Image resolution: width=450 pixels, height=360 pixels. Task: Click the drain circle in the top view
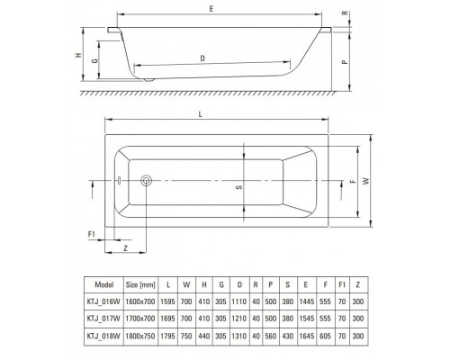146,181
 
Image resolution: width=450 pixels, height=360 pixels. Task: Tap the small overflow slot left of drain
119,181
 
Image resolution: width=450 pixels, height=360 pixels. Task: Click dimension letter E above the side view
211,9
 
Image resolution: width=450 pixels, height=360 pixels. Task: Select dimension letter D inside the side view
202,58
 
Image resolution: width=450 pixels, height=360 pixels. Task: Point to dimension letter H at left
78,55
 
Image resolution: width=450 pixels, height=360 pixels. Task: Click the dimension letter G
94,60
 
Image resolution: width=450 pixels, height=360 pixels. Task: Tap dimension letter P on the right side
346,62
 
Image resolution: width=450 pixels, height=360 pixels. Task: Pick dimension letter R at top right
346,13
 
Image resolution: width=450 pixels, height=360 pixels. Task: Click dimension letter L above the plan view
200,114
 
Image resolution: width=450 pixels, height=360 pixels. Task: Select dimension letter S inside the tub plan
239,187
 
